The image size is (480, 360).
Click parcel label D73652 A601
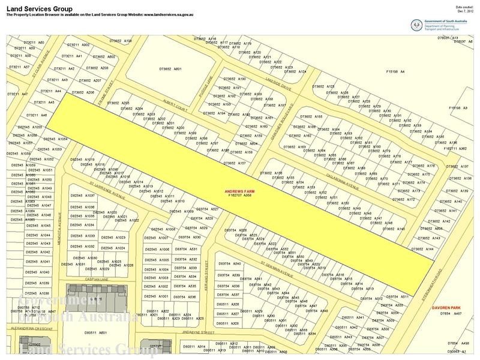(170, 70)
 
